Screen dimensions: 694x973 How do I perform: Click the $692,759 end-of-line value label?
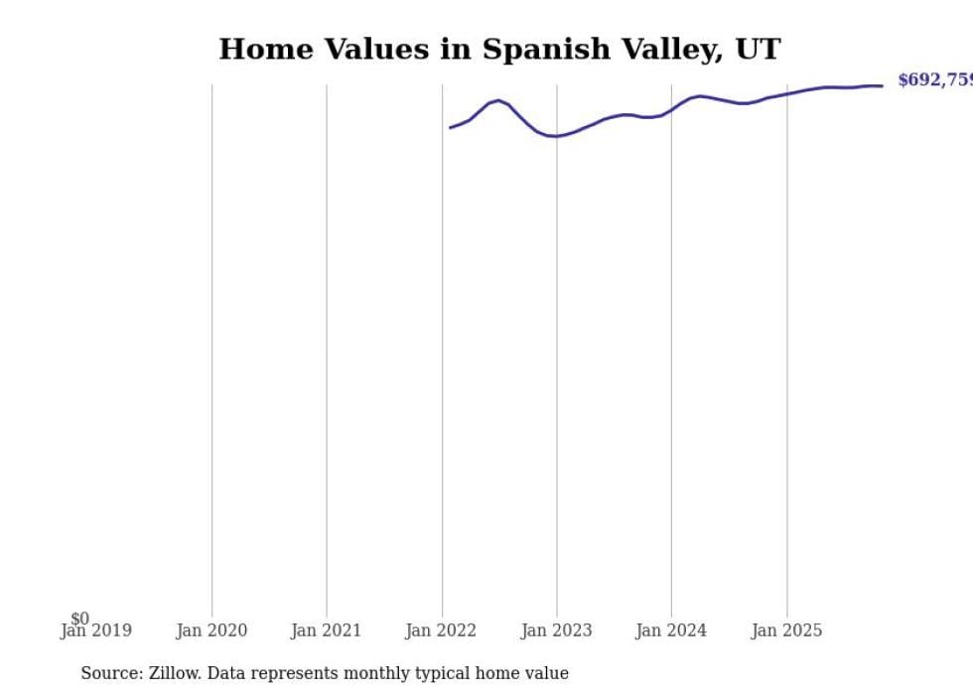point(934,80)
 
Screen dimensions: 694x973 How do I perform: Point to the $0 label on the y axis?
point(79,619)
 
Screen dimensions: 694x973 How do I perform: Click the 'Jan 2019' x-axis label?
point(95,630)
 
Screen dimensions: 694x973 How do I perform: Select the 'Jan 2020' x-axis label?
point(211,630)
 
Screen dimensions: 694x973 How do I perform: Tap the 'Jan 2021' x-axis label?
point(326,630)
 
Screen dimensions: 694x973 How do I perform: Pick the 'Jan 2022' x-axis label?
point(441,630)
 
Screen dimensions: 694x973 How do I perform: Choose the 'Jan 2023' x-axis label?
point(556,630)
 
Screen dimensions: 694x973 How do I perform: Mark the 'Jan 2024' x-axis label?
point(671,630)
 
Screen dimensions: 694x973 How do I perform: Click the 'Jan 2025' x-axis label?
point(786,630)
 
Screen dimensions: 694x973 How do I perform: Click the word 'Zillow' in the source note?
point(176,673)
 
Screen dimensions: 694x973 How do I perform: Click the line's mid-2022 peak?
point(498,100)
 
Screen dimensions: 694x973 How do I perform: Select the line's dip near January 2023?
point(554,136)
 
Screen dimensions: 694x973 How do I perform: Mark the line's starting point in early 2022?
point(450,127)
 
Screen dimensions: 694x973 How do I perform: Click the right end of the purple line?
point(882,85)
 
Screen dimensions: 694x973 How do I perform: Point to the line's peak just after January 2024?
point(700,96)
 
